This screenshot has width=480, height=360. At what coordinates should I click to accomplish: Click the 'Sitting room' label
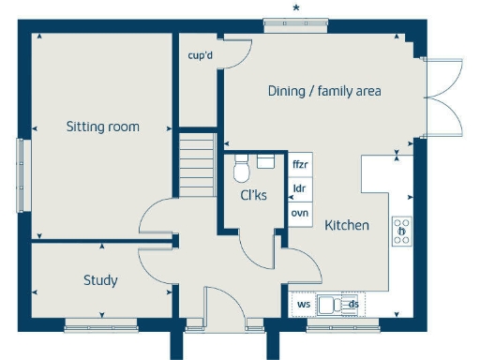[x=102, y=127]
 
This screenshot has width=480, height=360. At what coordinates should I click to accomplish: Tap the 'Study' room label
[x=100, y=280]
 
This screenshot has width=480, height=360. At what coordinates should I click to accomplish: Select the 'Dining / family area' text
[x=324, y=91]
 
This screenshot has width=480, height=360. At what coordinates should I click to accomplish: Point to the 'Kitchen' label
[x=347, y=226]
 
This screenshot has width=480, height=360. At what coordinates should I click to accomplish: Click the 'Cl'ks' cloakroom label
[x=253, y=196]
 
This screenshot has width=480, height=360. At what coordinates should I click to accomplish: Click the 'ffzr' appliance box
[x=300, y=165]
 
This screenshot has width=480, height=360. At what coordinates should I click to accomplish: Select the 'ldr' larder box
[x=300, y=188]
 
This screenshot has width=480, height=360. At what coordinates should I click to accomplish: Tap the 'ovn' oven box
[x=300, y=213]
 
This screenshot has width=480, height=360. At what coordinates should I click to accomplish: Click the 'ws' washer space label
[x=303, y=304]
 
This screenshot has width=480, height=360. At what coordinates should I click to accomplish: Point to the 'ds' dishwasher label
[x=353, y=304]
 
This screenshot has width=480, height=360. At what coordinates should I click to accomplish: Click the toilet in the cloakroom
[x=241, y=170]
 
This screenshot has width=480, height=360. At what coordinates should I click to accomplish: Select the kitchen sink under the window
[x=330, y=304]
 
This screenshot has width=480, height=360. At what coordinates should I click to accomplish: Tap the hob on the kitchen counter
[x=401, y=231]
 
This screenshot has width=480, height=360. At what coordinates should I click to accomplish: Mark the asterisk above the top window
[x=296, y=8]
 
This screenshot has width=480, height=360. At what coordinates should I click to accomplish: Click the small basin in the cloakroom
[x=265, y=161]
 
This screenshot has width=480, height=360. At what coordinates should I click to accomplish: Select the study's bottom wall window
[x=100, y=326]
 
